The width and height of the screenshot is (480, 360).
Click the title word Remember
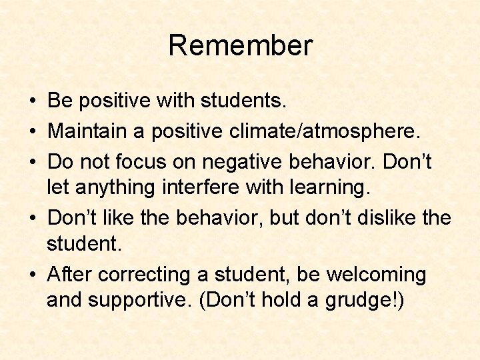(240, 46)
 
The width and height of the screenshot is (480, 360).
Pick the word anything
(117, 189)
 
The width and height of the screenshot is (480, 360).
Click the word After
(70, 274)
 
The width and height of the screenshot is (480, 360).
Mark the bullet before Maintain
(33, 131)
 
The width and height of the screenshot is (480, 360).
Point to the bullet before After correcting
(33, 275)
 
